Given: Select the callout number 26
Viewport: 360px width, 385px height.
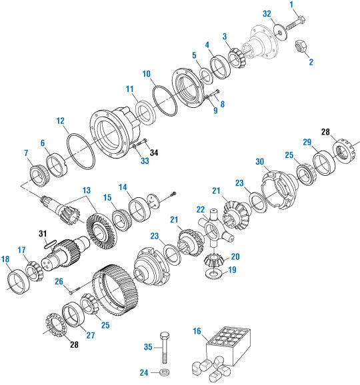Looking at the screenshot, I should (59, 281).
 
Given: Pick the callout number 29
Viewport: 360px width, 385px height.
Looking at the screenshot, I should (308, 143).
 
